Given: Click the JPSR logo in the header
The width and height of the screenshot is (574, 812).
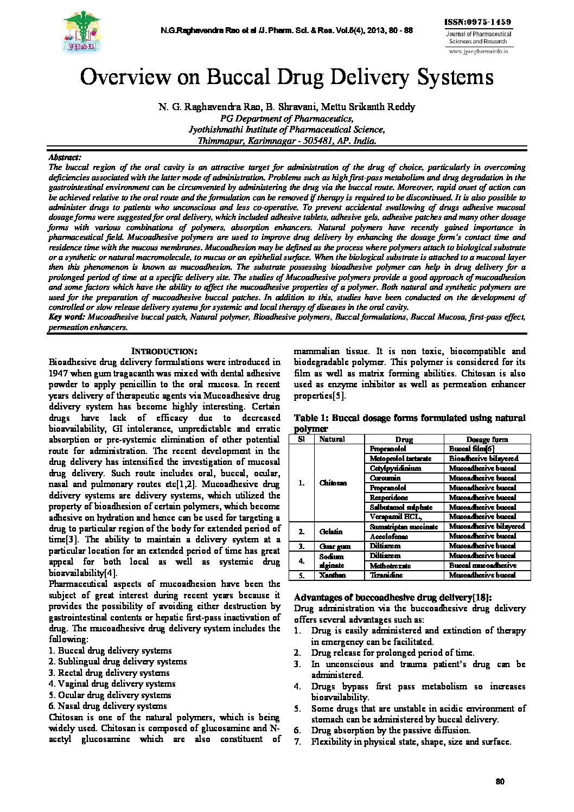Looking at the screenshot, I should coord(82,32).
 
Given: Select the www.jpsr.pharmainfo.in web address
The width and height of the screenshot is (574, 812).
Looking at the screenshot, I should coord(478,51).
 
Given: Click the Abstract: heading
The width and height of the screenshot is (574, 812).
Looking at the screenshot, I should coord(65,157).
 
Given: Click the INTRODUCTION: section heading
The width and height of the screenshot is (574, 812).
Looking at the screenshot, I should coord(165,351).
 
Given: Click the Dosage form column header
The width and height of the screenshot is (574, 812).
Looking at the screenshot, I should coord(487,439).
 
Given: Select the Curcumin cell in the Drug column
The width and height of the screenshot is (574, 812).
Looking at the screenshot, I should coord(385,478).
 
